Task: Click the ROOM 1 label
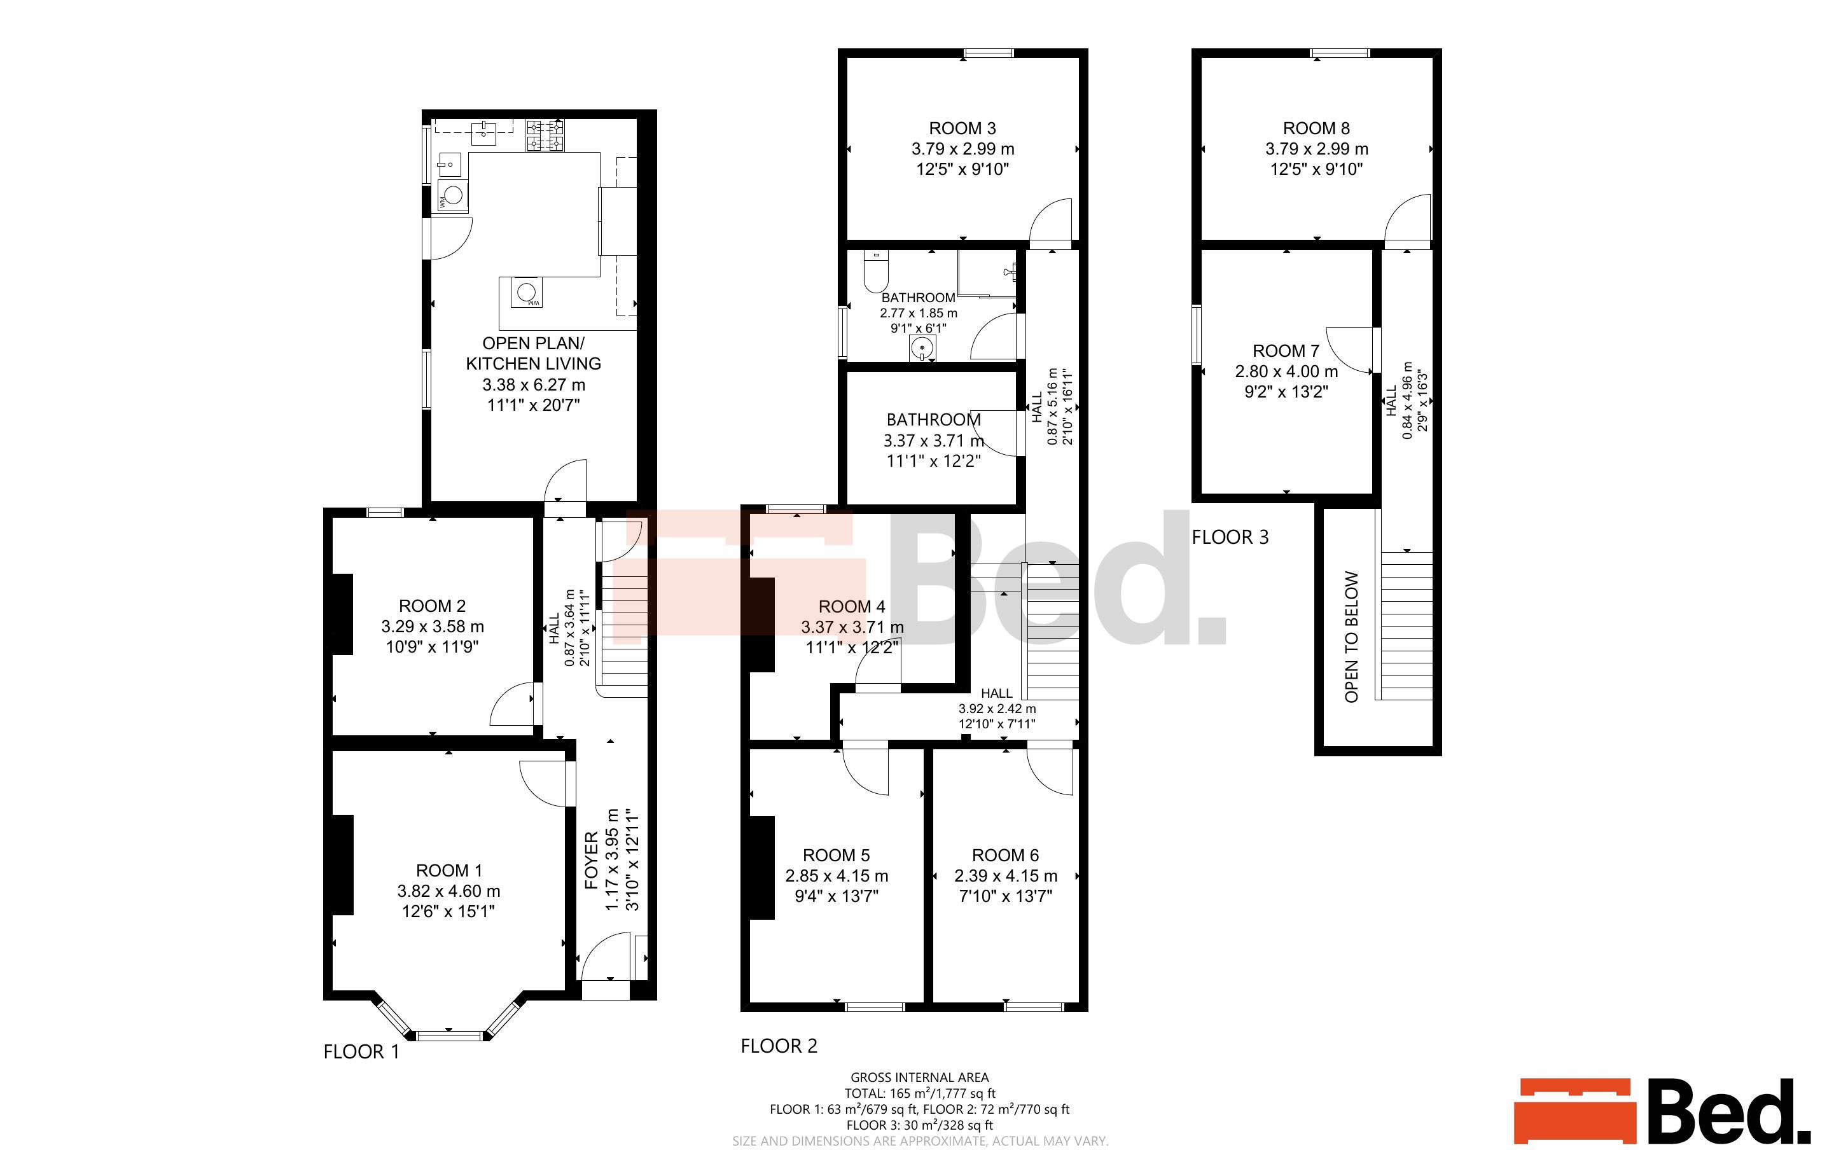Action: pos(448,870)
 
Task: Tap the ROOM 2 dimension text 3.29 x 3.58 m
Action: pos(433,627)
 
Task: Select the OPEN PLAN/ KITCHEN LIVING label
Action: pos(533,353)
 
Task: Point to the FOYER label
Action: pos(592,861)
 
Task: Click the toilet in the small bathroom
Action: pos(875,273)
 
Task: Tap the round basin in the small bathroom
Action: pos(922,349)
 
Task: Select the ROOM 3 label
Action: pos(962,128)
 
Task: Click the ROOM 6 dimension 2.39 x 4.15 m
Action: pos(1005,875)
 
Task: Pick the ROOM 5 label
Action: pos(837,855)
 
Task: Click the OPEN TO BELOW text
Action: pos(1351,637)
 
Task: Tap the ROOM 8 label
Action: pos(1316,128)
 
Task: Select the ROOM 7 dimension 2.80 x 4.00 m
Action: pos(1286,372)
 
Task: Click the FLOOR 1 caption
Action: pos(361,1052)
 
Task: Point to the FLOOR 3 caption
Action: pos(1230,537)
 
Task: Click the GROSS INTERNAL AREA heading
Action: pos(919,1077)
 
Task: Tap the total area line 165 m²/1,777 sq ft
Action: pos(919,1093)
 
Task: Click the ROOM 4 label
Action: pos(852,606)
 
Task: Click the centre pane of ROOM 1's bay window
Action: pos(449,1035)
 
